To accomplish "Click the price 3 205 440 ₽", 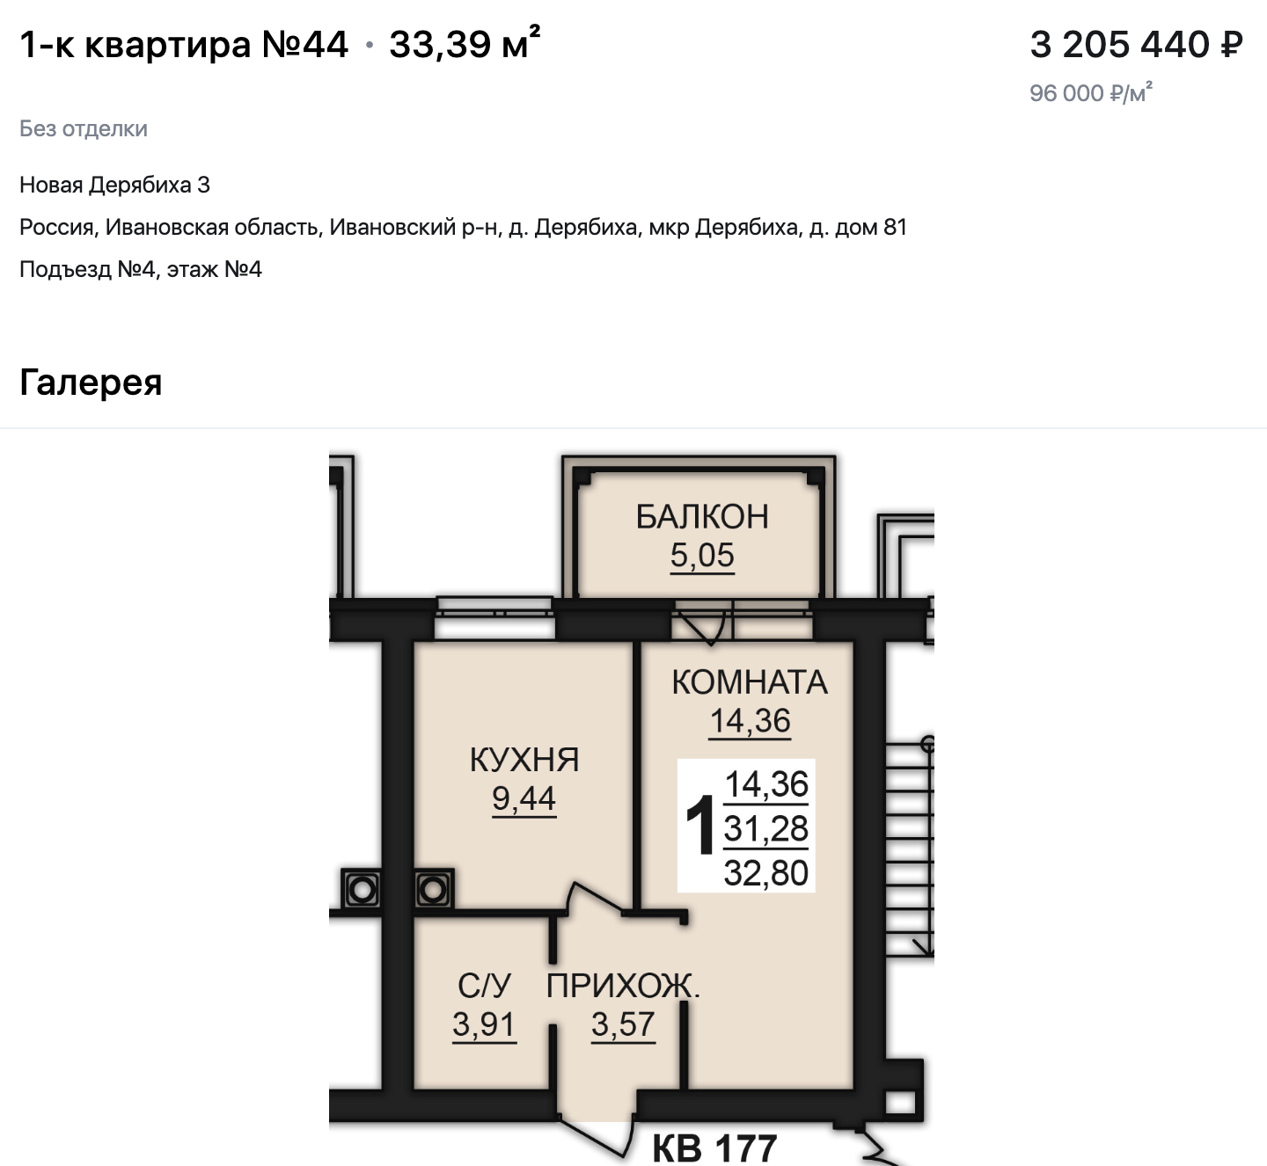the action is tap(1136, 46).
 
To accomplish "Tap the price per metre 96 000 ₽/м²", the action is tap(1091, 93).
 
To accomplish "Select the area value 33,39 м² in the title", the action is tap(465, 44).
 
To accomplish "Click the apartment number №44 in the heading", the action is tap(304, 45).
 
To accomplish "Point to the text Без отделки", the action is tap(84, 128).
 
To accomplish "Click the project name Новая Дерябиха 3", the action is tap(115, 185).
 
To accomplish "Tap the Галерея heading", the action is tap(91, 382).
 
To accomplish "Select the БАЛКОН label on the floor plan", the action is tap(702, 516).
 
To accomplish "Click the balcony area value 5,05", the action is tap(702, 556).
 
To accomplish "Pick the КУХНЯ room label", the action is tap(524, 759).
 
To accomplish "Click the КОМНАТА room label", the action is tap(749, 681).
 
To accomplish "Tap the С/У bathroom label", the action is tap(484, 986).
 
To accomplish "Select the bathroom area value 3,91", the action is tap(484, 1024).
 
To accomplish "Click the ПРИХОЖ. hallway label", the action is tap(623, 986).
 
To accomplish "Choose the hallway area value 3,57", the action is tap(623, 1024).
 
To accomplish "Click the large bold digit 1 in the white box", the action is tap(699, 825).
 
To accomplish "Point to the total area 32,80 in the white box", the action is tap(765, 873).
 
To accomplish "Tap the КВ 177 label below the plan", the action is tap(714, 1148).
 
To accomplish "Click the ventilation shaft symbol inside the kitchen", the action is tap(433, 890).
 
